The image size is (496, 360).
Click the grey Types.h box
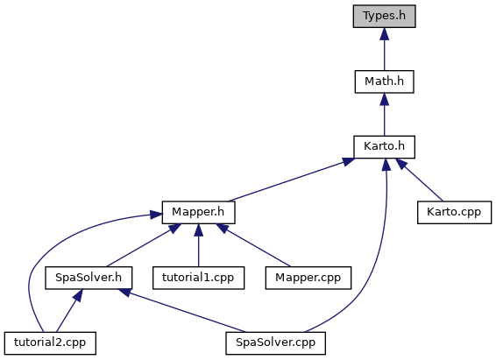click(384, 16)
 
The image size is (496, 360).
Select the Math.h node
click(384, 81)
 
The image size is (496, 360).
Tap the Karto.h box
click(384, 147)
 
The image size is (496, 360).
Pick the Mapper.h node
click(198, 212)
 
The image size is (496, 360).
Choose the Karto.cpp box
click(454, 212)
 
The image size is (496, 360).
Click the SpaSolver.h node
click(89, 278)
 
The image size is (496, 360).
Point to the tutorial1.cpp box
click(198, 278)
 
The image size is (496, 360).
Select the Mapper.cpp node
click(308, 278)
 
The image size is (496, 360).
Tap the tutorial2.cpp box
click(50, 343)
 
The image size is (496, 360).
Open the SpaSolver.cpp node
click(275, 343)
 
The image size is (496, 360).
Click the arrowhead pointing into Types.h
click(385, 34)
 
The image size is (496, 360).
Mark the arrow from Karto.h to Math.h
click(385, 115)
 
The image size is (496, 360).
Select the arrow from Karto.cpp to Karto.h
click(419, 180)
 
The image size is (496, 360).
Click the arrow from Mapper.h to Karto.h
click(291, 180)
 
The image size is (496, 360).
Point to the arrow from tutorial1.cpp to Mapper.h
click(198, 245)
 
